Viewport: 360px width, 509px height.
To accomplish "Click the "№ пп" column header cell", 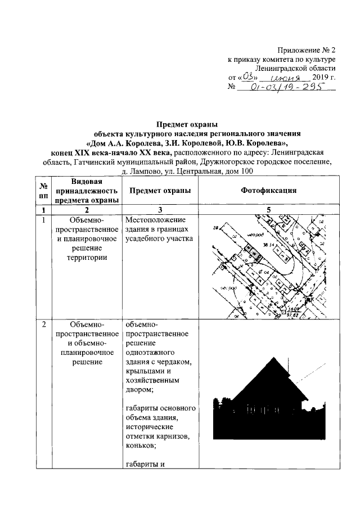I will click(x=43, y=191).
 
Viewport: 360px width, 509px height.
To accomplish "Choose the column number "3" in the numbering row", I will click(x=160, y=210).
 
